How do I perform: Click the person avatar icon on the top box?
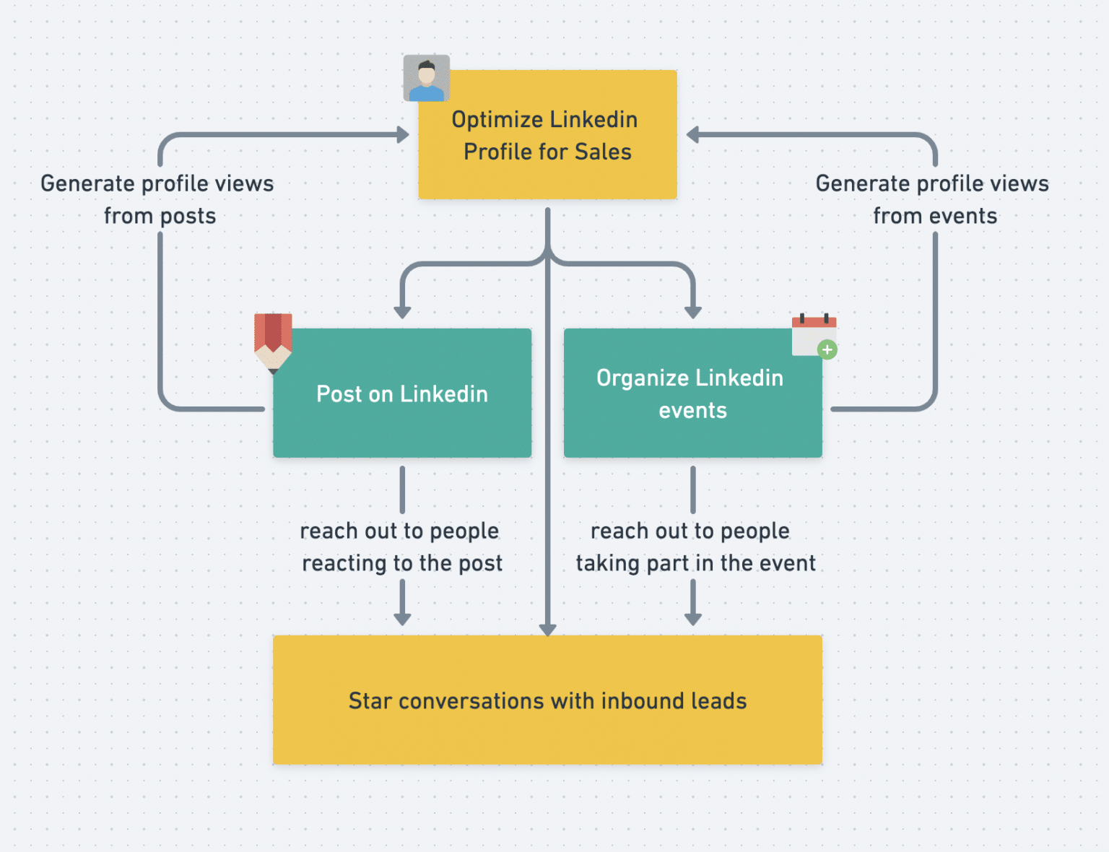(x=426, y=78)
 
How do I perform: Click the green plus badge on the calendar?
(x=827, y=350)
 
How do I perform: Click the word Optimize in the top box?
(x=497, y=119)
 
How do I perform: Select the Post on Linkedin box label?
(x=402, y=394)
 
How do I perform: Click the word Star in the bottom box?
(x=370, y=701)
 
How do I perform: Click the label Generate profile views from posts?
(x=157, y=199)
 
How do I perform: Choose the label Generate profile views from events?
(x=933, y=199)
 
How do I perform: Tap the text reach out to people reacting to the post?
(x=401, y=547)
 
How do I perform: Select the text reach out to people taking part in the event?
(x=695, y=547)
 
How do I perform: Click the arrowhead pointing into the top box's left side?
(x=403, y=135)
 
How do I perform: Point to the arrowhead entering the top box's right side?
(x=693, y=135)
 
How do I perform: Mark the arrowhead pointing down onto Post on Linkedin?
(x=403, y=312)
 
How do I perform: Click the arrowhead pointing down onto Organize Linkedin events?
(x=693, y=312)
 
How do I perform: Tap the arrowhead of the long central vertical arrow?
(x=548, y=630)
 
